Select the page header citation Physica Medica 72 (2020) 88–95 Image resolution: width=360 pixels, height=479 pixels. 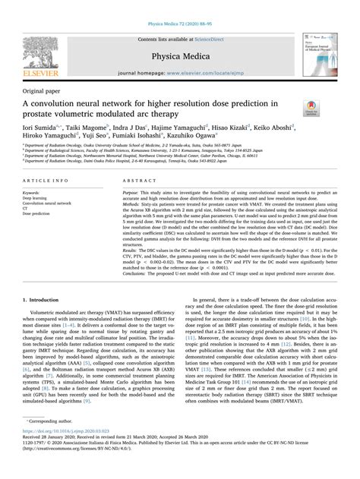click(x=180, y=7)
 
